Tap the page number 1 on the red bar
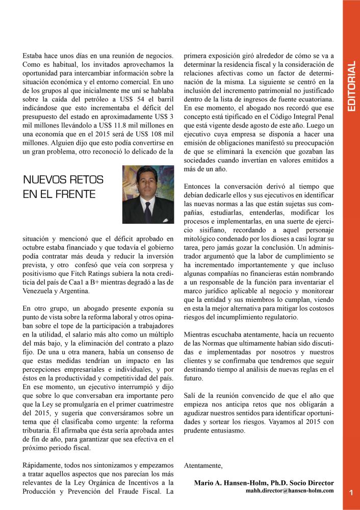pos(351,492)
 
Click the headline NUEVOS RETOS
pos(63,180)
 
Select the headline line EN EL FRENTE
pos(59,194)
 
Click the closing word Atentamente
pos(203,465)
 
